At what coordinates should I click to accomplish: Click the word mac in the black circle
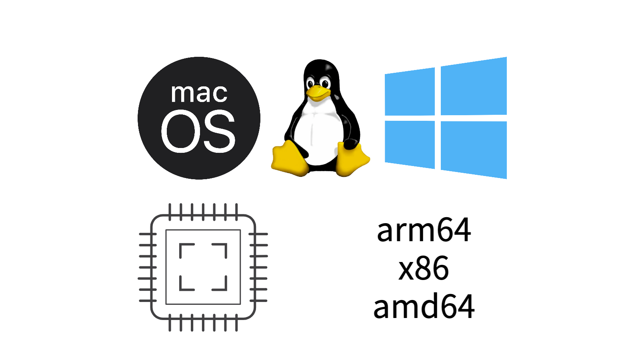click(x=199, y=93)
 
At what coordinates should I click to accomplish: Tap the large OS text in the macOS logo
click(x=198, y=131)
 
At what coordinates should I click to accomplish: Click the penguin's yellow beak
click(x=318, y=92)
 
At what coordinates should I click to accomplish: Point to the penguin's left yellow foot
click(x=289, y=159)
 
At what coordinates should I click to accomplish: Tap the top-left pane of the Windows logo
click(x=410, y=92)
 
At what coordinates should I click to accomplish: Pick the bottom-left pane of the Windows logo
click(x=410, y=144)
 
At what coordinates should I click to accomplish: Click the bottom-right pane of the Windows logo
click(x=474, y=149)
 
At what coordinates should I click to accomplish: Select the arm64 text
click(x=424, y=230)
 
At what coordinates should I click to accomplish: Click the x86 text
click(x=424, y=268)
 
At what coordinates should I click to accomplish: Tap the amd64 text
click(x=424, y=306)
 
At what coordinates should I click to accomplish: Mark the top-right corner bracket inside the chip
click(x=222, y=248)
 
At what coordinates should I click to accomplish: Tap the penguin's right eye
click(x=325, y=84)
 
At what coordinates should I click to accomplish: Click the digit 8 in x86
click(x=424, y=268)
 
